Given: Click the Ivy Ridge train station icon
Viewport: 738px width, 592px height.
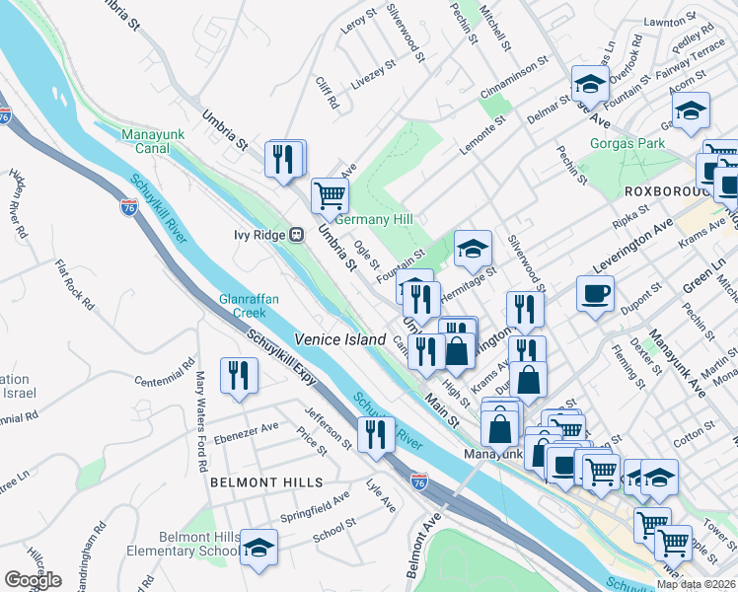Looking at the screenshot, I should tap(295, 235).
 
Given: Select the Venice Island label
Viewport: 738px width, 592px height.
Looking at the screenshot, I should tap(339, 339).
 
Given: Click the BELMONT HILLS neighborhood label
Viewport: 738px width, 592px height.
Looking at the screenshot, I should tap(266, 482).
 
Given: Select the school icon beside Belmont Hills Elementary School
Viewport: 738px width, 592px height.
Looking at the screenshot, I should tap(258, 548).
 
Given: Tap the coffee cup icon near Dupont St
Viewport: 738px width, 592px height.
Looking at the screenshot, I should tap(595, 294).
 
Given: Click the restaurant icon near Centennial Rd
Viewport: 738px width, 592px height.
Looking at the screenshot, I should tap(239, 375).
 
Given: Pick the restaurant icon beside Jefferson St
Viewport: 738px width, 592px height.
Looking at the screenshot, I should tap(375, 434).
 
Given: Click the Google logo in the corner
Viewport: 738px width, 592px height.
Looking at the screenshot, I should tap(33, 580).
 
